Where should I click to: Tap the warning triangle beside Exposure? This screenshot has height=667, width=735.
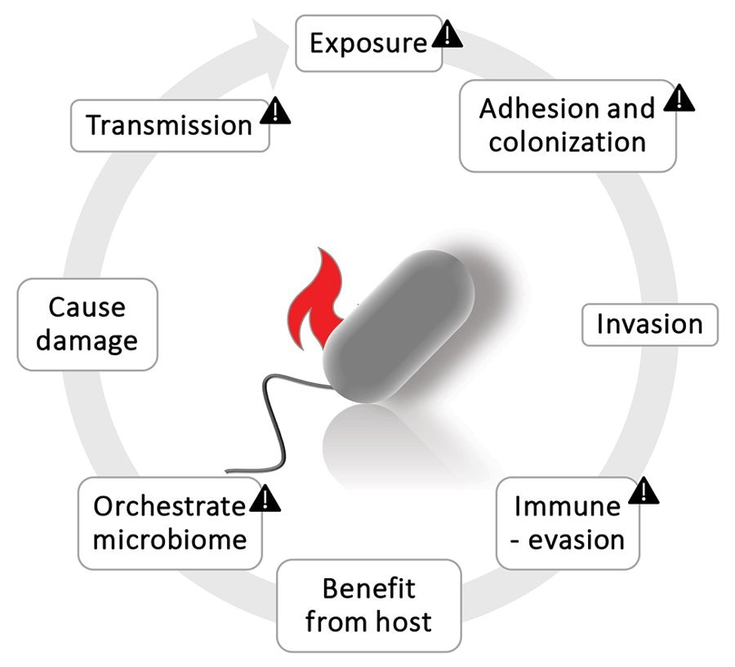[x=447, y=34]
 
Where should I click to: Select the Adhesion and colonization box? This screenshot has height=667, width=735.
[x=567, y=125]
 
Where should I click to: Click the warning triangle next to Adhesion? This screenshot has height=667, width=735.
[x=679, y=100]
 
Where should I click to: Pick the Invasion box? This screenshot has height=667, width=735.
[x=649, y=324]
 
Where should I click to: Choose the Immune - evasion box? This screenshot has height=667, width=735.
[x=568, y=522]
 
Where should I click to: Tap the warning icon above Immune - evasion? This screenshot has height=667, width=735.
[x=644, y=491]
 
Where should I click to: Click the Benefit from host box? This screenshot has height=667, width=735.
[x=369, y=605]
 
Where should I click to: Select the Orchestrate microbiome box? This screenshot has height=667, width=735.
[x=170, y=522]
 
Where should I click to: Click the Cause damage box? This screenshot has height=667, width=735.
[x=87, y=324]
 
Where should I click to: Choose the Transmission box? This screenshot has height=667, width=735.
[x=170, y=126]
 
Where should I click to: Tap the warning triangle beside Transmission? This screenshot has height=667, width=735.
[x=276, y=110]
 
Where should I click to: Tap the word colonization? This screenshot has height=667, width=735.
[x=567, y=141]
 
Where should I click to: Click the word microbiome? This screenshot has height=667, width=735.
[x=170, y=539]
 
